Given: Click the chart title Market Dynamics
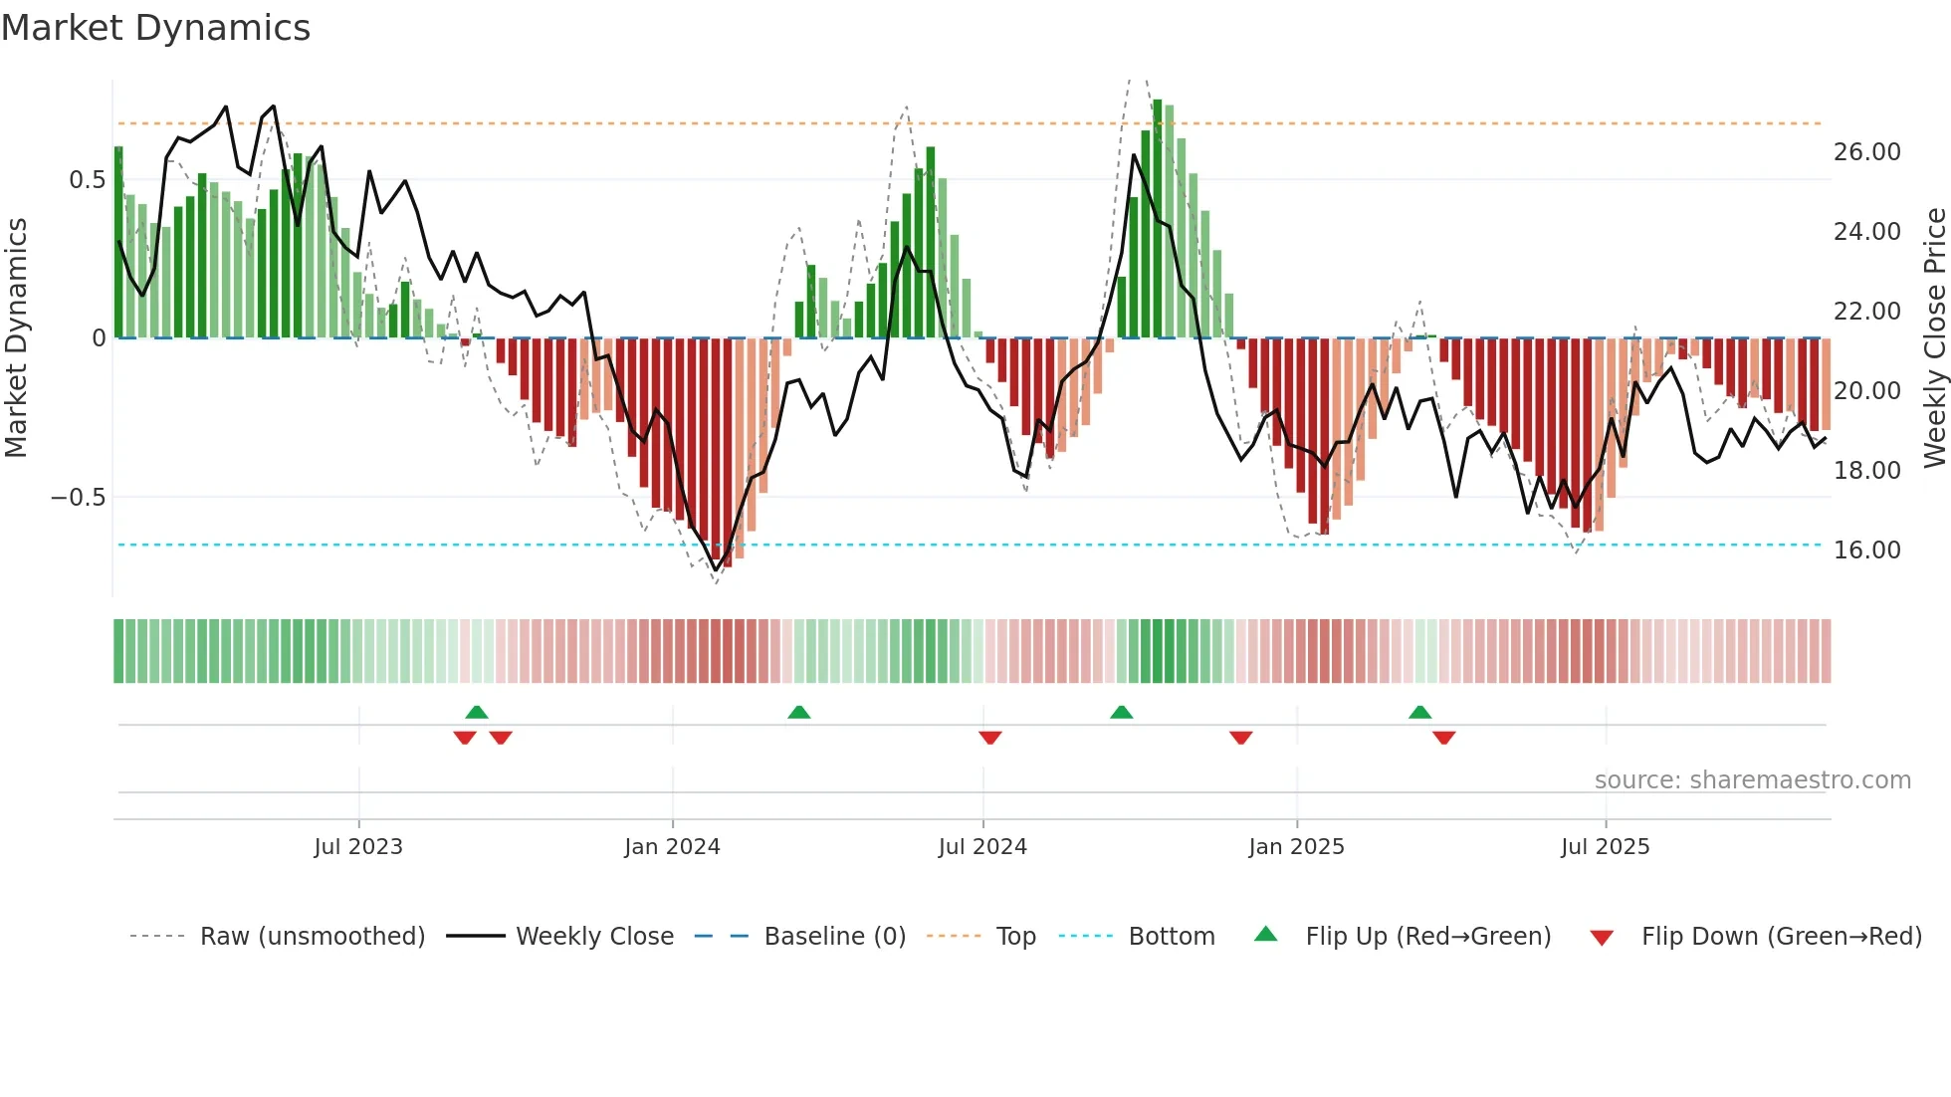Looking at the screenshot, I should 155,28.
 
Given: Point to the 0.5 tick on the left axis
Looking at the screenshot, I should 87,180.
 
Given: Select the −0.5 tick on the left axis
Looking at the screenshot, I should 79,498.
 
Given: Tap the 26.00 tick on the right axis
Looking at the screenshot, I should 1866,152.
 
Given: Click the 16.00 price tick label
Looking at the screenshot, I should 1866,550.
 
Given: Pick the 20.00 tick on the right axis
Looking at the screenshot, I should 1866,391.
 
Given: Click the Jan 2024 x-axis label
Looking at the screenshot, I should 672,847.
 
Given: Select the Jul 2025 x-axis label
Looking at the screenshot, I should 1605,847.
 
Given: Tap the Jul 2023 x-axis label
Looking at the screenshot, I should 358,847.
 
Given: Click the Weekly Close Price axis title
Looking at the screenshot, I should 1934,338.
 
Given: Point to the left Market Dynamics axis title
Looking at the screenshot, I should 16,338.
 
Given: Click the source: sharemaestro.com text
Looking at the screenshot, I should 1752,780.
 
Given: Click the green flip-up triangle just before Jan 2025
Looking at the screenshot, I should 1121,712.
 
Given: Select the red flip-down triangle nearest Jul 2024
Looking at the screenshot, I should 989,738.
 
